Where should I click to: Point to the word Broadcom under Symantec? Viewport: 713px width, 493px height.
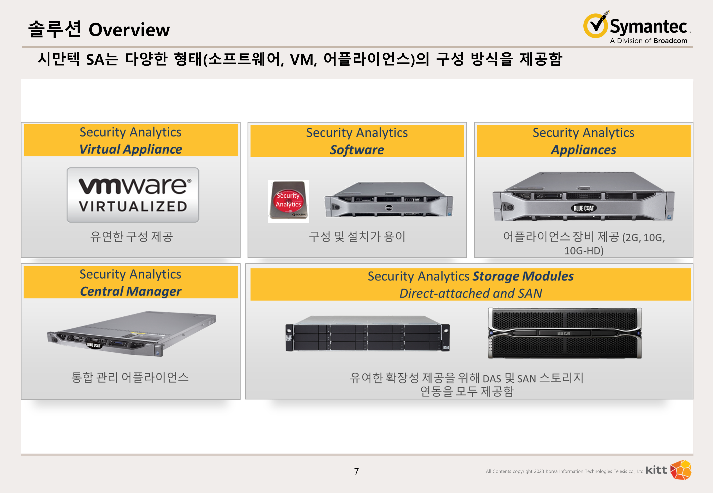670,41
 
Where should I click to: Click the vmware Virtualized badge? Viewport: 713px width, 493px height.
133,195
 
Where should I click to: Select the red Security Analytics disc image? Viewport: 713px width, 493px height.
288,201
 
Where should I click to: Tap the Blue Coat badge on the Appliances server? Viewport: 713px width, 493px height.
583,208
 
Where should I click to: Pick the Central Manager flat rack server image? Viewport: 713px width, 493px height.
131,334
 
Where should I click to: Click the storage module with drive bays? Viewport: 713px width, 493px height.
367,334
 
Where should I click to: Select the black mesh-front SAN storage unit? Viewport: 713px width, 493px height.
565,333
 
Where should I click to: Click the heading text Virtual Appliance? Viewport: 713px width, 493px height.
131,149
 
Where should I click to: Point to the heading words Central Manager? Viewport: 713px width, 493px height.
131,291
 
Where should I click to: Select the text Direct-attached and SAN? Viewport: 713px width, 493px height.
471,293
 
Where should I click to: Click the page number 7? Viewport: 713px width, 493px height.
356,471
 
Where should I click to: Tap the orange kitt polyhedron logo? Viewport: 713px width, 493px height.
681,470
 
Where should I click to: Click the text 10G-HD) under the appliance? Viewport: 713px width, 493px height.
584,250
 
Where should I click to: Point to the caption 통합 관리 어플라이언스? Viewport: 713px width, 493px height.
130,377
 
